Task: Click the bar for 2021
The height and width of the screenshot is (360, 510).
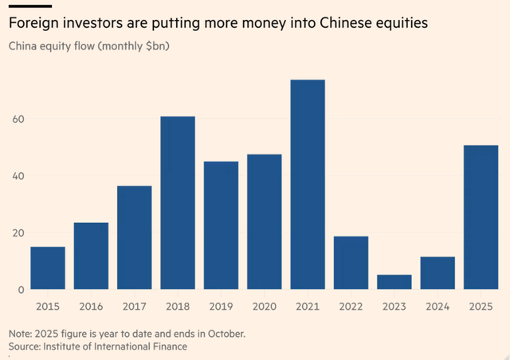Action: (x=308, y=185)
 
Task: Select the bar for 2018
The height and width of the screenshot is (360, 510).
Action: (x=178, y=203)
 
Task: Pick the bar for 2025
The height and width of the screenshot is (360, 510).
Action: (x=481, y=217)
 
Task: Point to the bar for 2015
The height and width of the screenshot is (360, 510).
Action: (x=48, y=268)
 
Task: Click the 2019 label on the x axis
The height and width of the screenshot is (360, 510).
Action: (x=222, y=306)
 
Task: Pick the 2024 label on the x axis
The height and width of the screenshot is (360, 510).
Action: (x=437, y=306)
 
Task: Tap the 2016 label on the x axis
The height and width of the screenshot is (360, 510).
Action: (x=91, y=306)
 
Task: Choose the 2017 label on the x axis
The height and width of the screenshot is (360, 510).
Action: (x=135, y=306)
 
